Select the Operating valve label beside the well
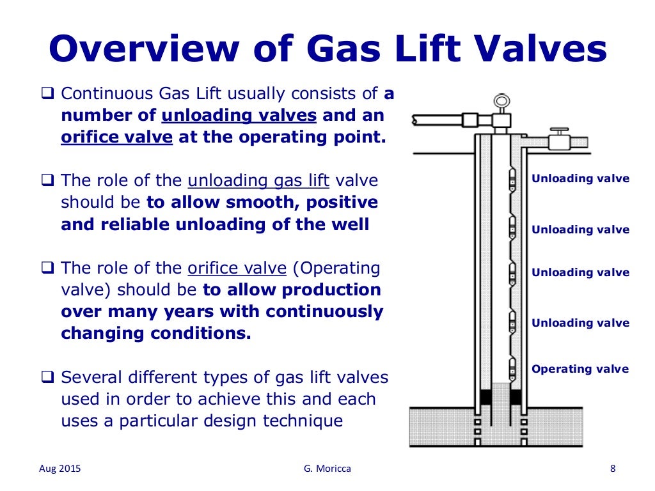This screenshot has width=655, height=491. tap(580, 369)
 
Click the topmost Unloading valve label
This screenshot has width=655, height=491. tap(580, 179)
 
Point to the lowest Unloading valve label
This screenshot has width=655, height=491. tap(580, 323)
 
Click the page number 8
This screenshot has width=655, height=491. tap(613, 469)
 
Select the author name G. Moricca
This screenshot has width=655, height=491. tap(327, 469)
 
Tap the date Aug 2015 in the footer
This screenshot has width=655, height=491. tap(56, 469)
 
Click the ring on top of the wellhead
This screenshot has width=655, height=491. tap(500, 101)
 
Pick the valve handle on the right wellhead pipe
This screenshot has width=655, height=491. tap(560, 131)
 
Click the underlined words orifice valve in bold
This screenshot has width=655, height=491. tap(116, 138)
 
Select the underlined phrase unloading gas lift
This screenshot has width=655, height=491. tap(258, 180)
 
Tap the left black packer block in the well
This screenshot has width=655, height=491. tap(485, 396)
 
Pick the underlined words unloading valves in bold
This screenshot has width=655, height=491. tap(239, 116)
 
